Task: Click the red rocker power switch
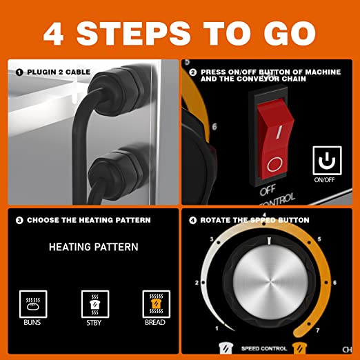275,139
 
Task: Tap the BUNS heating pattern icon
33,304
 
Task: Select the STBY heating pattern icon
95,304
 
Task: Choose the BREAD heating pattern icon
157,304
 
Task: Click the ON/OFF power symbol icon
327,161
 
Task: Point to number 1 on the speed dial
217,328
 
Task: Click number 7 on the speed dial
318,330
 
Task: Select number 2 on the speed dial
197,283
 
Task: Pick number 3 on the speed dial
212,239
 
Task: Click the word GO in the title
290,33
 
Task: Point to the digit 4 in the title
53,34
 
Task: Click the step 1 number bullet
19,72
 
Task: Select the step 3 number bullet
19,220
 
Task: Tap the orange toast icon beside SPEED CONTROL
299,348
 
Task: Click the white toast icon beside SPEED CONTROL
226,348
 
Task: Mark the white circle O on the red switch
274,164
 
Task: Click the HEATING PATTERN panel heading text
94,247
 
